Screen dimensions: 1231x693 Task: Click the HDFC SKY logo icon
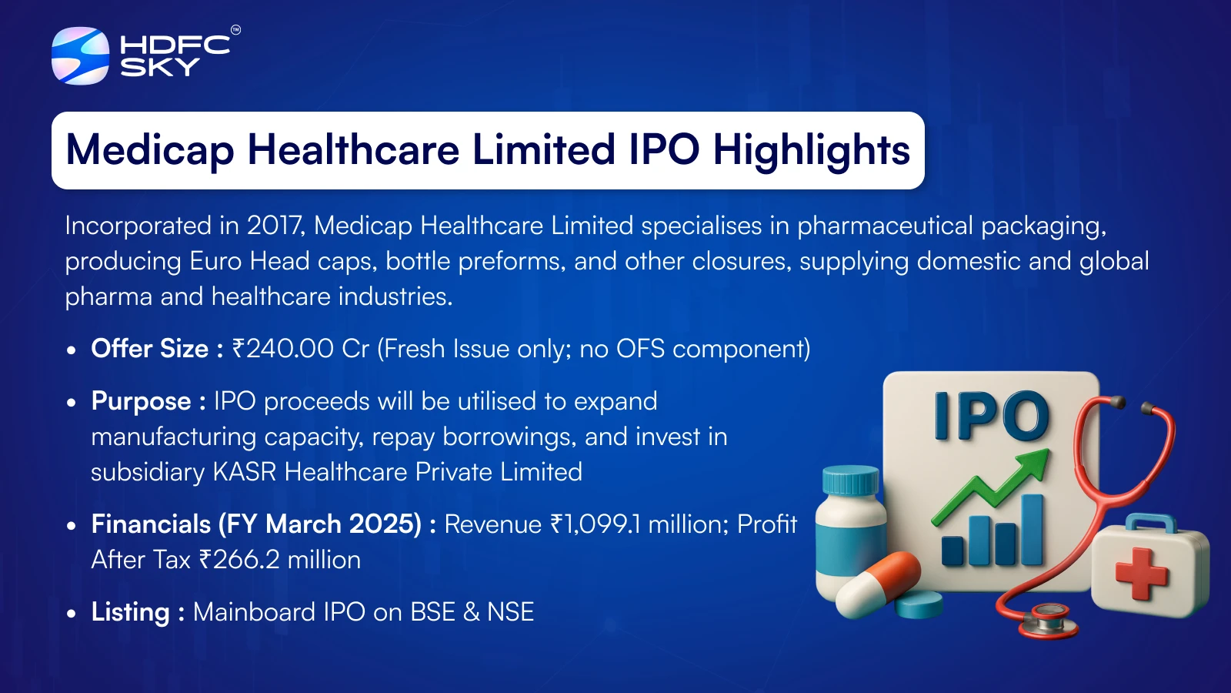click(x=80, y=55)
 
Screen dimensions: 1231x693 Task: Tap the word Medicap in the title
click(x=150, y=150)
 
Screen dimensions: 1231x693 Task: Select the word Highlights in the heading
click(x=812, y=150)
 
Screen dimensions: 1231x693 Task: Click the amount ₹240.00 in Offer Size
click(x=283, y=349)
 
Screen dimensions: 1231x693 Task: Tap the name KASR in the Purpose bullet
click(x=244, y=472)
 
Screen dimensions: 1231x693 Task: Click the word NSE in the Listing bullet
click(x=511, y=612)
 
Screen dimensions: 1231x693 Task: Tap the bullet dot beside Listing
click(x=71, y=613)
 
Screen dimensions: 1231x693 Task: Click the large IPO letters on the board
click(x=992, y=416)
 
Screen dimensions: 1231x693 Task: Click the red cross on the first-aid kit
click(x=1142, y=574)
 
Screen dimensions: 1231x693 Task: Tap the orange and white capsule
click(x=877, y=584)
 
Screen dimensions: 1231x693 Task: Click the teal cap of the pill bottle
click(x=851, y=480)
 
